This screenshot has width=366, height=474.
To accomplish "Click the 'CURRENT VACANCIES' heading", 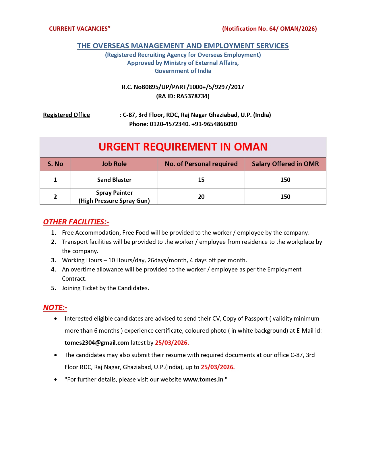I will pyautogui.click(x=80, y=29).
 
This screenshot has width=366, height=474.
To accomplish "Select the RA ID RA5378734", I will pyautogui.click(x=193, y=96).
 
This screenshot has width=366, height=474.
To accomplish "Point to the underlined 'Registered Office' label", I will pyautogui.click(x=66, y=115).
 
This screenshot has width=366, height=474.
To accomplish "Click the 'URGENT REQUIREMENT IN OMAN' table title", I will pyautogui.click(x=183, y=147).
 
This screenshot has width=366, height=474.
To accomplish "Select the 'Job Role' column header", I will pyautogui.click(x=114, y=164).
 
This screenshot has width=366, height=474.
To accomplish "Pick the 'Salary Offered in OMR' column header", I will pyautogui.click(x=285, y=164).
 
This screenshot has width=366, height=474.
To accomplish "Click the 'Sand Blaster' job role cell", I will pyautogui.click(x=114, y=180).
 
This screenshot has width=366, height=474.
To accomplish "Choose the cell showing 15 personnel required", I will pyautogui.click(x=201, y=180).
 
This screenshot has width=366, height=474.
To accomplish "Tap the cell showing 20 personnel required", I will pyautogui.click(x=201, y=197).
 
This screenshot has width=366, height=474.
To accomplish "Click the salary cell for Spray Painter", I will pyautogui.click(x=285, y=197).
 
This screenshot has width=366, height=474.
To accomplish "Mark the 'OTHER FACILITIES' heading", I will pyautogui.click(x=76, y=222).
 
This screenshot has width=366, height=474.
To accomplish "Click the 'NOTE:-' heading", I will pyautogui.click(x=55, y=308).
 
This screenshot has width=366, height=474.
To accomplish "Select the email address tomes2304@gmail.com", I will pyautogui.click(x=97, y=343).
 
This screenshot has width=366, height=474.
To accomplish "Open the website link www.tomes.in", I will pyautogui.click(x=203, y=379).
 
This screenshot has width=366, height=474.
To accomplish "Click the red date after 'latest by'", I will pyautogui.click(x=172, y=343).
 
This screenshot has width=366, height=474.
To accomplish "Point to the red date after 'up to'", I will pyautogui.click(x=218, y=367).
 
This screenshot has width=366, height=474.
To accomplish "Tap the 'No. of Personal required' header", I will pyautogui.click(x=201, y=164).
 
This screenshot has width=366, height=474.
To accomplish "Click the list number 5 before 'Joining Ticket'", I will pyautogui.click(x=54, y=288).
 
